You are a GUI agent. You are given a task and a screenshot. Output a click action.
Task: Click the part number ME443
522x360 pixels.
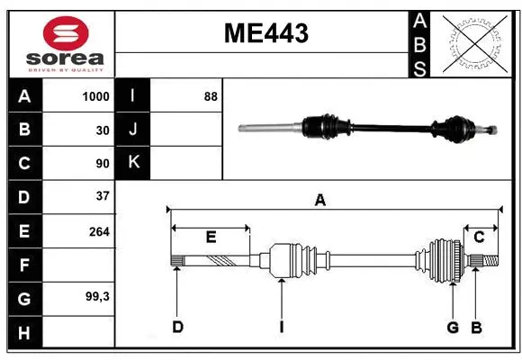coord(265,34)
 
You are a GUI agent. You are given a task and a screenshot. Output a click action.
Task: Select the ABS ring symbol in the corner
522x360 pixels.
coord(475,43)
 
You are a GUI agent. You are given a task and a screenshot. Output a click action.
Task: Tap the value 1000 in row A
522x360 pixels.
coord(95,96)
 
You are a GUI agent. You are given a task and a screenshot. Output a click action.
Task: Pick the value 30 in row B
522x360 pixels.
coord(102,130)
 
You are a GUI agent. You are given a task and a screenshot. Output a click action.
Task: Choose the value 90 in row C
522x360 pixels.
coord(102,164)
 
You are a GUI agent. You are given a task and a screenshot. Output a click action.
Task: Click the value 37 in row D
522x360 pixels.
coord(102,196)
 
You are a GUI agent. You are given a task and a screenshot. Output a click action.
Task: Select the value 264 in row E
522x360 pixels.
coord(99,231)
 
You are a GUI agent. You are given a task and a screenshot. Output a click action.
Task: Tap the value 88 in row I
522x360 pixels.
coord(211,96)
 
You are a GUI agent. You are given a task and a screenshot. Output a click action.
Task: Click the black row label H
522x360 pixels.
coord(24,332)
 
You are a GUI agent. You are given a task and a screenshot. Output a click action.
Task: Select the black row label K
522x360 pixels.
coord(133,163)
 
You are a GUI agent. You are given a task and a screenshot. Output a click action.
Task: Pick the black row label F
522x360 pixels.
coord(24,265)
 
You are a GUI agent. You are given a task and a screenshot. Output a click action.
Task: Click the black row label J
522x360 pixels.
coord(133,130)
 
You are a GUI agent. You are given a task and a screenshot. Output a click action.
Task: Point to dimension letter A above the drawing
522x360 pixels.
coord(319,201)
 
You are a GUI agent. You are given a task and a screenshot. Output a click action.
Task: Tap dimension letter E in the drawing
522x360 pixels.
coord(211,238)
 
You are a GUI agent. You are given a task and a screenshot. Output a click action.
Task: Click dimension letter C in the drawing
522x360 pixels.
coord(480,238)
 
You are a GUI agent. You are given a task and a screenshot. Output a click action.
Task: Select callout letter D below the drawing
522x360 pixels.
coord(177,328)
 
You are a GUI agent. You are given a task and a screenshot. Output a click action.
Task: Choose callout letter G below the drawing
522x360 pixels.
coord(454,328)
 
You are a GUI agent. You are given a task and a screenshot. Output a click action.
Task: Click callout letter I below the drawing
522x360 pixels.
coord(281,328)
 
